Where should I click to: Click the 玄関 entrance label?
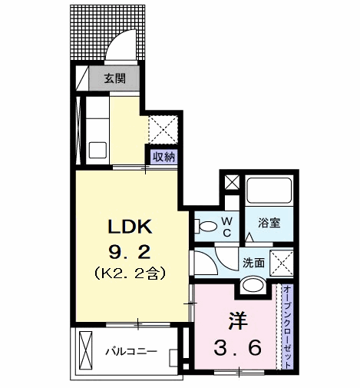[x=115, y=78]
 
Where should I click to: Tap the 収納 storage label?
[x=163, y=157]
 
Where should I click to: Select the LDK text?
[x=130, y=226]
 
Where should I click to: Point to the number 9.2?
[x=130, y=252]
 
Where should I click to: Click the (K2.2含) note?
[x=130, y=273]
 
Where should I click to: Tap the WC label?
[x=227, y=227]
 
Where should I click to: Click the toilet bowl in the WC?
[x=206, y=226]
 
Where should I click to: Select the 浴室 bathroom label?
[x=269, y=223]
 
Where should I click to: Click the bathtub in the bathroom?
[x=269, y=191]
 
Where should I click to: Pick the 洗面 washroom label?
[x=253, y=263]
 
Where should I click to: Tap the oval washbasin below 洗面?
[x=253, y=285]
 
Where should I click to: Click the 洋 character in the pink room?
[x=237, y=320]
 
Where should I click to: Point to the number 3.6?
[x=237, y=348]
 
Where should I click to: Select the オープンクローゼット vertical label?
[x=287, y=327]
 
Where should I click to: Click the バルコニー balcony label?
[x=131, y=351]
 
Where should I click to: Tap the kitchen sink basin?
[x=97, y=151]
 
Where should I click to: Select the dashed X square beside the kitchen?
[x=163, y=130]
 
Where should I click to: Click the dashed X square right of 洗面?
[x=282, y=263]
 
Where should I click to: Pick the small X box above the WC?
[x=232, y=182]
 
